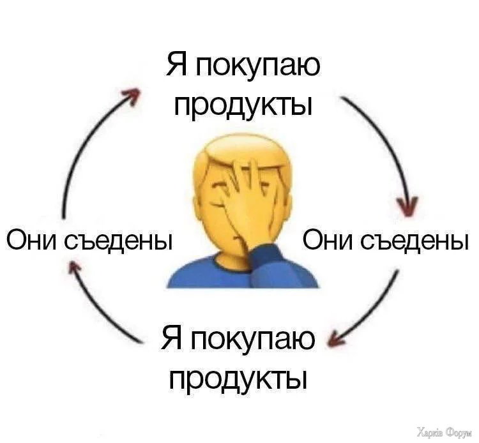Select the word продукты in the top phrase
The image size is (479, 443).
[243, 105]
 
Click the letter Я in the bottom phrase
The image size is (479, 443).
[171, 338]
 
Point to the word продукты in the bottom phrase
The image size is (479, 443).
[238, 379]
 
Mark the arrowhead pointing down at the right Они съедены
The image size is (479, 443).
[407, 206]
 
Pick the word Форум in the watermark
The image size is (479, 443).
[458, 432]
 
